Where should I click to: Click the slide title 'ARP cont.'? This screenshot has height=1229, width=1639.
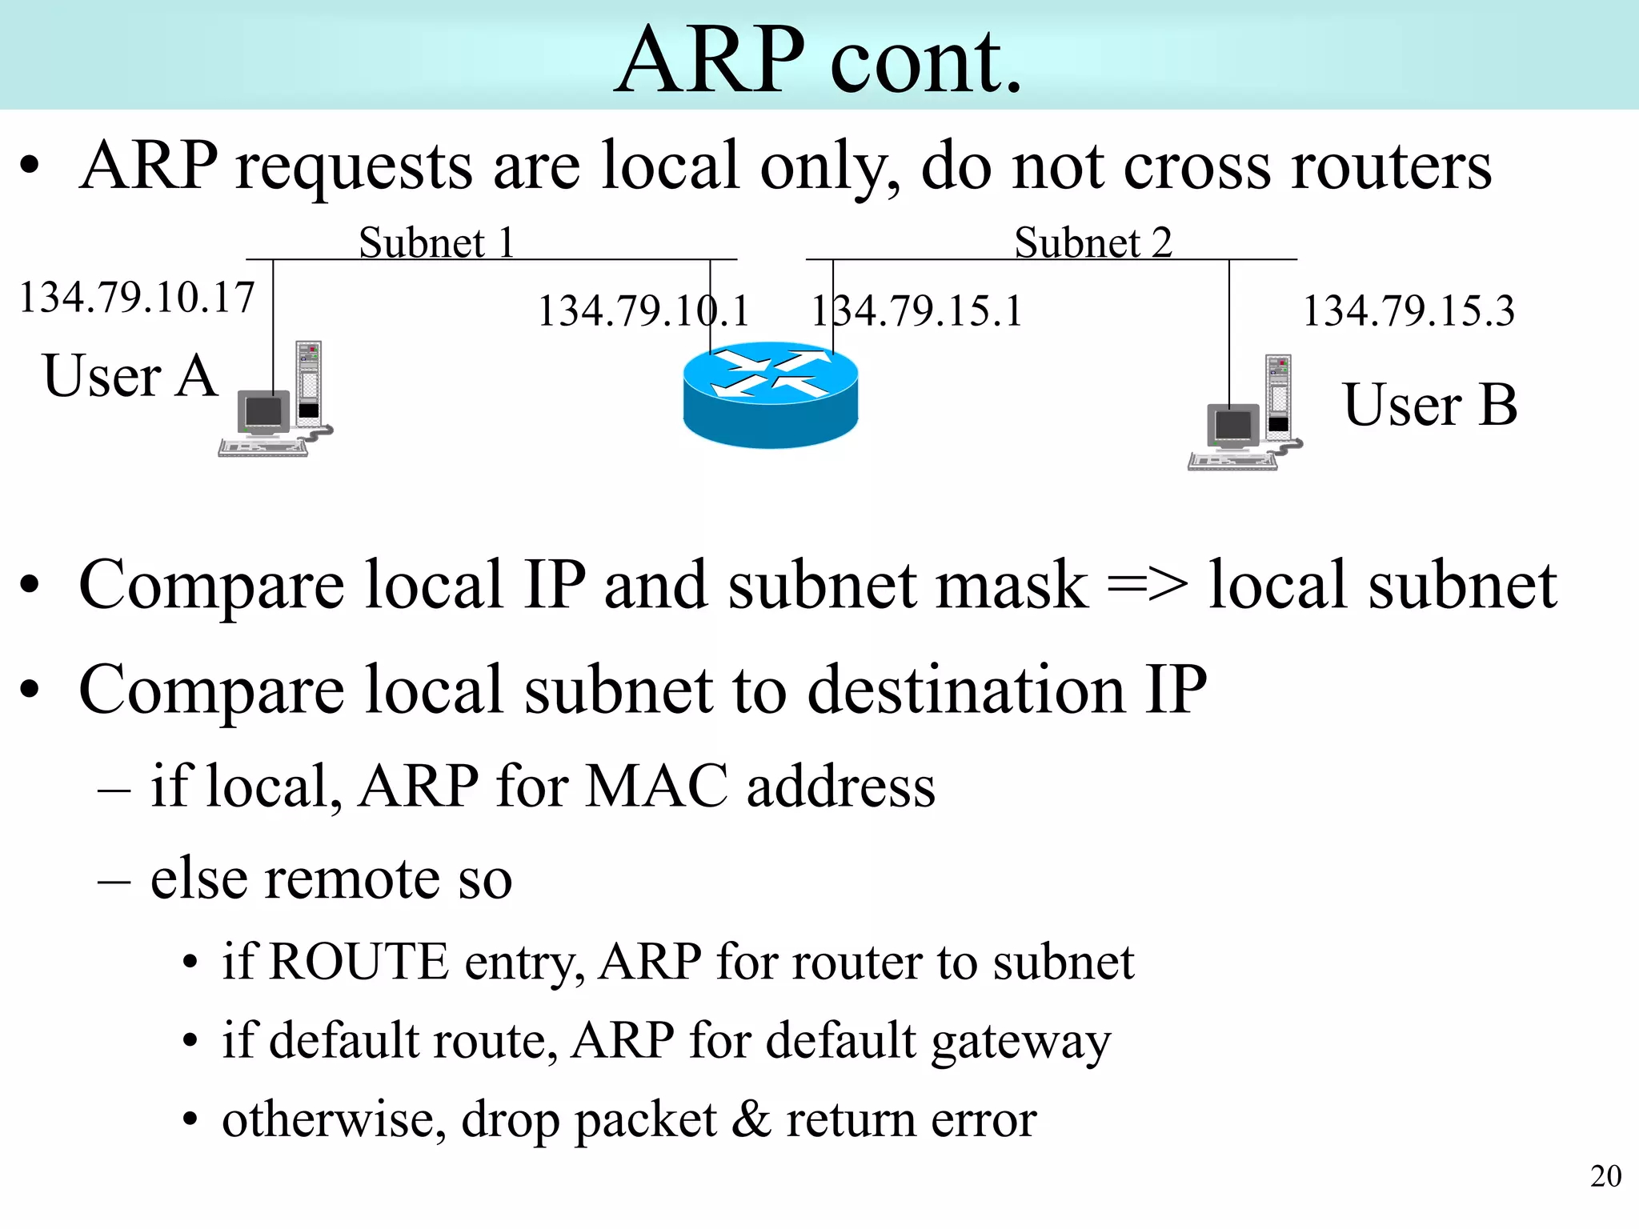point(819,60)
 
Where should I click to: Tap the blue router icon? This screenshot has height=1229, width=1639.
point(771,395)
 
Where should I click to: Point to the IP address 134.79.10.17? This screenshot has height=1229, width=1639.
point(137,298)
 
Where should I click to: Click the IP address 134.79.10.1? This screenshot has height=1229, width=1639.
point(643,311)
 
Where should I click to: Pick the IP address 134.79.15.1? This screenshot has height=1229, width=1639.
point(917,311)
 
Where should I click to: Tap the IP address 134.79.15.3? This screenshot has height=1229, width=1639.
point(1409,311)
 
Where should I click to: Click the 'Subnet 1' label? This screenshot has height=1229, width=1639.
point(436,242)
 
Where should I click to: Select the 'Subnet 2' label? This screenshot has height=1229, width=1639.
point(1093,242)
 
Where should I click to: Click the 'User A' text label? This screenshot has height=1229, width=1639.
point(130,376)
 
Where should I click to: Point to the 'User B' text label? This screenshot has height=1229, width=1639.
point(1430,405)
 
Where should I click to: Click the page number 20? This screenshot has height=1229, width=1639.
point(1605,1176)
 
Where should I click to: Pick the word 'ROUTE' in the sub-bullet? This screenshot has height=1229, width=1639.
point(359,962)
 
